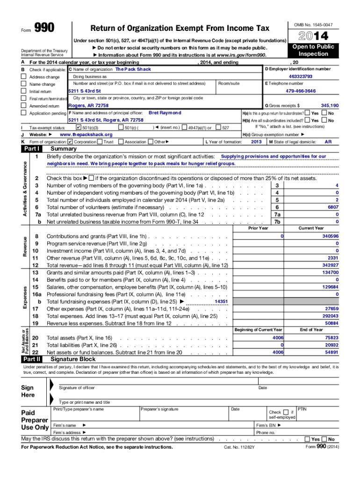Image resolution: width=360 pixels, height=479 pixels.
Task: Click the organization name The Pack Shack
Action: tap(133, 69)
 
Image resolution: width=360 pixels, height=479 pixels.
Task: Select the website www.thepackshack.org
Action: tap(86, 134)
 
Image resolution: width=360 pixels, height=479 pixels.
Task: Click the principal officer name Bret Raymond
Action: tap(165, 113)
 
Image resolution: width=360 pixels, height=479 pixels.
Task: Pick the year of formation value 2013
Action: tap(256, 141)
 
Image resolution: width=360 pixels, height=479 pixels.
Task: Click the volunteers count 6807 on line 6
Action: tap(333, 207)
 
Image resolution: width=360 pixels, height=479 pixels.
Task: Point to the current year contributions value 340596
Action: tap(330, 236)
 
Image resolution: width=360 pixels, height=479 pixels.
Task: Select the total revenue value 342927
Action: tap(330, 265)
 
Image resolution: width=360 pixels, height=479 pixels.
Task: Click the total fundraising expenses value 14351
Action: tap(221, 302)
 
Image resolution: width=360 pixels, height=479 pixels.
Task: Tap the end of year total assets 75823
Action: tap(331, 338)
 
